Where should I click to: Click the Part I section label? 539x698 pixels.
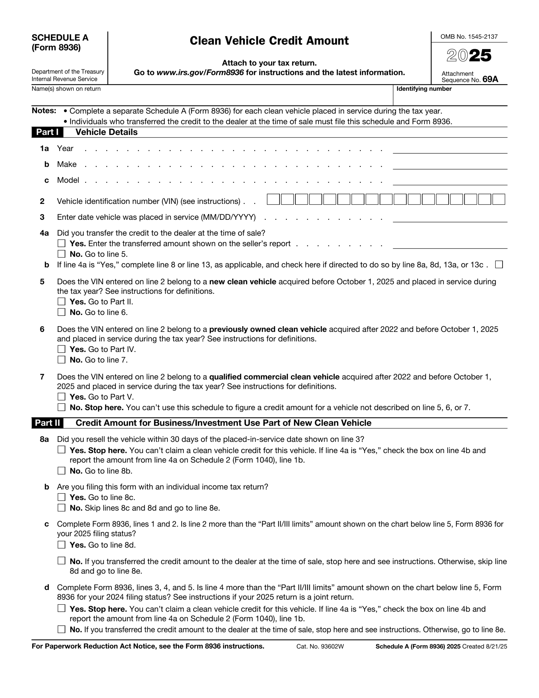(47, 132)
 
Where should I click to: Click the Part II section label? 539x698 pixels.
(47, 423)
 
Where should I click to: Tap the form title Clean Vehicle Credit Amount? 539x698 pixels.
(269, 41)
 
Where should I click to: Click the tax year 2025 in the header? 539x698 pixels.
(469, 56)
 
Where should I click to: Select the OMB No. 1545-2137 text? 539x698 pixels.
(469, 37)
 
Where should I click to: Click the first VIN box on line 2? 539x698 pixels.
(273, 199)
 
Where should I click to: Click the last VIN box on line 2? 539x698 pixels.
(498, 199)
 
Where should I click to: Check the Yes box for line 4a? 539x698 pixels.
(61, 243)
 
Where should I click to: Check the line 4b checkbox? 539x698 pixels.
(498, 265)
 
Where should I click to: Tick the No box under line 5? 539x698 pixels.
(61, 312)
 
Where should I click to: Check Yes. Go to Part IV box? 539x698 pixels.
(61, 349)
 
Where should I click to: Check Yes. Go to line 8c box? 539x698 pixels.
(61, 497)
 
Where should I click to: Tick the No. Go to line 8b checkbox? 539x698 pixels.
(61, 471)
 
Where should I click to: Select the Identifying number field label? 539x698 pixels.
(424, 89)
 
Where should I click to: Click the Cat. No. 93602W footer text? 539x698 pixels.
(320, 646)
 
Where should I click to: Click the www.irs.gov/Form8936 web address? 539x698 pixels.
(200, 73)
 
